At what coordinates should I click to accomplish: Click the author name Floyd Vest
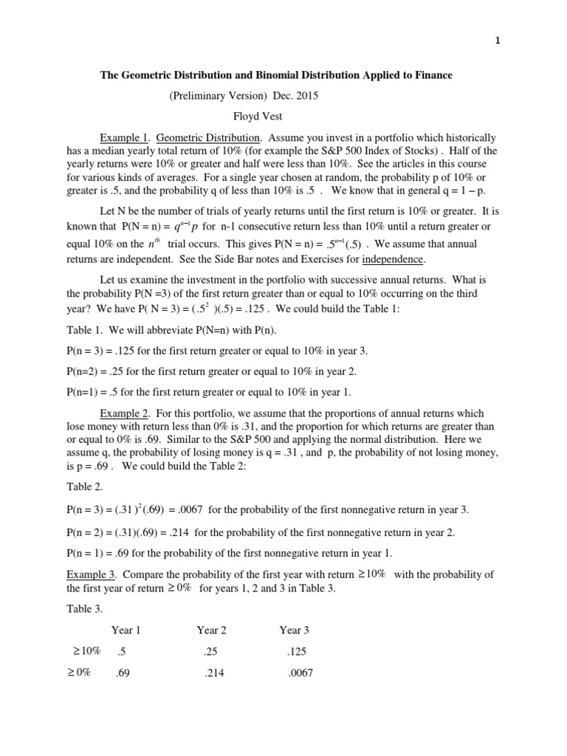pyautogui.click(x=258, y=117)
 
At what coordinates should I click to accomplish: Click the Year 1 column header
pyautogui.click(x=126, y=630)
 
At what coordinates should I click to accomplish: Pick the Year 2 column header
pyautogui.click(x=211, y=630)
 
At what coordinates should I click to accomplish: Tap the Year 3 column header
pyautogui.click(x=294, y=630)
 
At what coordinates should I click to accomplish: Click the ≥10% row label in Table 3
pyautogui.click(x=87, y=651)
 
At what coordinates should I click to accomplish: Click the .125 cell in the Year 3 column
pyautogui.click(x=295, y=652)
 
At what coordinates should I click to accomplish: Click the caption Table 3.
pyautogui.click(x=86, y=609)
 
